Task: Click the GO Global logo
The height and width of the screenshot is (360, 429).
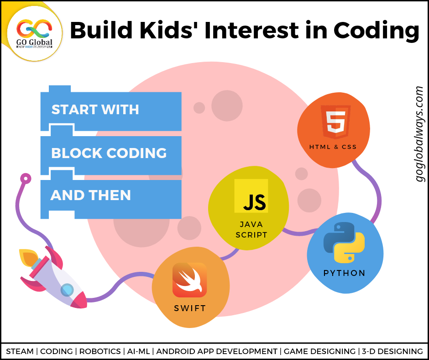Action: coord(34,34)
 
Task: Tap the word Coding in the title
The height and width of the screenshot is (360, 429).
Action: coord(376,31)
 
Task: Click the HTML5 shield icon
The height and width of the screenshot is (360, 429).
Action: coord(336,122)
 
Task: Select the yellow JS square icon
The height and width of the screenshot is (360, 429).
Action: coord(251,196)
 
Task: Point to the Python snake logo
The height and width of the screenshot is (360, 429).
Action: coord(344,243)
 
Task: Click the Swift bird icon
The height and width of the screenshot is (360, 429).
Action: coord(189,280)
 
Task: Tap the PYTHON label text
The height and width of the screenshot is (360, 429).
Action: coord(344,273)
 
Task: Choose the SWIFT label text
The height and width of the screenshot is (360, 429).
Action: coord(190,308)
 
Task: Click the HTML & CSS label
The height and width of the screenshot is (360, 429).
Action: coord(333,147)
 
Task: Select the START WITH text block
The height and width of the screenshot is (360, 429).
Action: coord(95,110)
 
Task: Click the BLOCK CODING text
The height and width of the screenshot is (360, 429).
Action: coord(109,153)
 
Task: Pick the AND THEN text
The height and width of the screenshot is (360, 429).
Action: coord(90,196)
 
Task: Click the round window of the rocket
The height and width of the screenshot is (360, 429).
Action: coord(67,290)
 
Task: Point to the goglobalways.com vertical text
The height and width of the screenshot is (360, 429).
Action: coord(419,134)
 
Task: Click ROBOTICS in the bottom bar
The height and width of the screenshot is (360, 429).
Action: coord(100,351)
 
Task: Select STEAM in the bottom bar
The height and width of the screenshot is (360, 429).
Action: coord(20,351)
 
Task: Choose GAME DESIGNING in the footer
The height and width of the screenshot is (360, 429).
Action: coord(319,351)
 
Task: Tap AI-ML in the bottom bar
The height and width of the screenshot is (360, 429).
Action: coord(138,351)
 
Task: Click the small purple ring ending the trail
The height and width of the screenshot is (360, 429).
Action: coord(26,179)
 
